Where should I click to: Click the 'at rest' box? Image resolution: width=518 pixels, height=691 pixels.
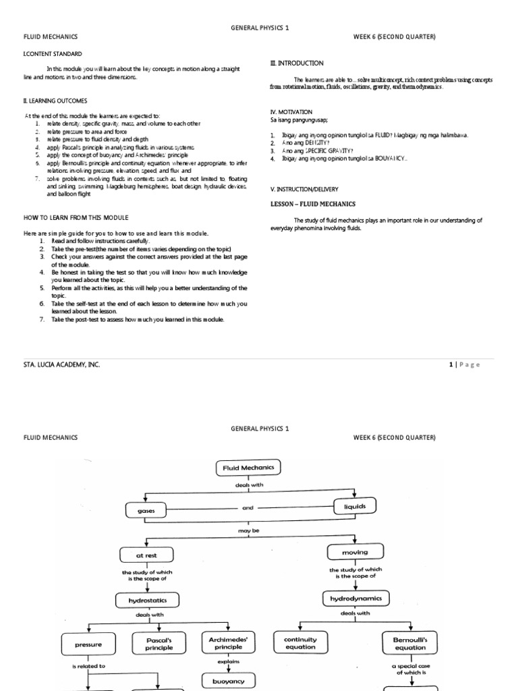pos(146,555)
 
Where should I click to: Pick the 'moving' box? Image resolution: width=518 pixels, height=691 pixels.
pos(355,552)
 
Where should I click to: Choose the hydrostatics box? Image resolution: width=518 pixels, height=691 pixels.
pos(148,599)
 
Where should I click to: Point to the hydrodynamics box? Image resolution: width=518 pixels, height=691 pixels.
pos(355,598)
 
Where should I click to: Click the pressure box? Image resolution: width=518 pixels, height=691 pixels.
pos(89,644)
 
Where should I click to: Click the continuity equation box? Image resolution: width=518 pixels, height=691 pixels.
pos(300,642)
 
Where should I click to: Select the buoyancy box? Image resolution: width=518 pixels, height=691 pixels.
pos(228,682)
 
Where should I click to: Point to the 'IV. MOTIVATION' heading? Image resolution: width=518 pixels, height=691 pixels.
pos(291,111)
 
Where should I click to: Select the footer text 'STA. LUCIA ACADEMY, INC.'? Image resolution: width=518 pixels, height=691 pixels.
pos(61,364)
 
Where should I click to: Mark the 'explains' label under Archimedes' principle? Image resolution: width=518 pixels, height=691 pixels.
pos(229,662)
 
